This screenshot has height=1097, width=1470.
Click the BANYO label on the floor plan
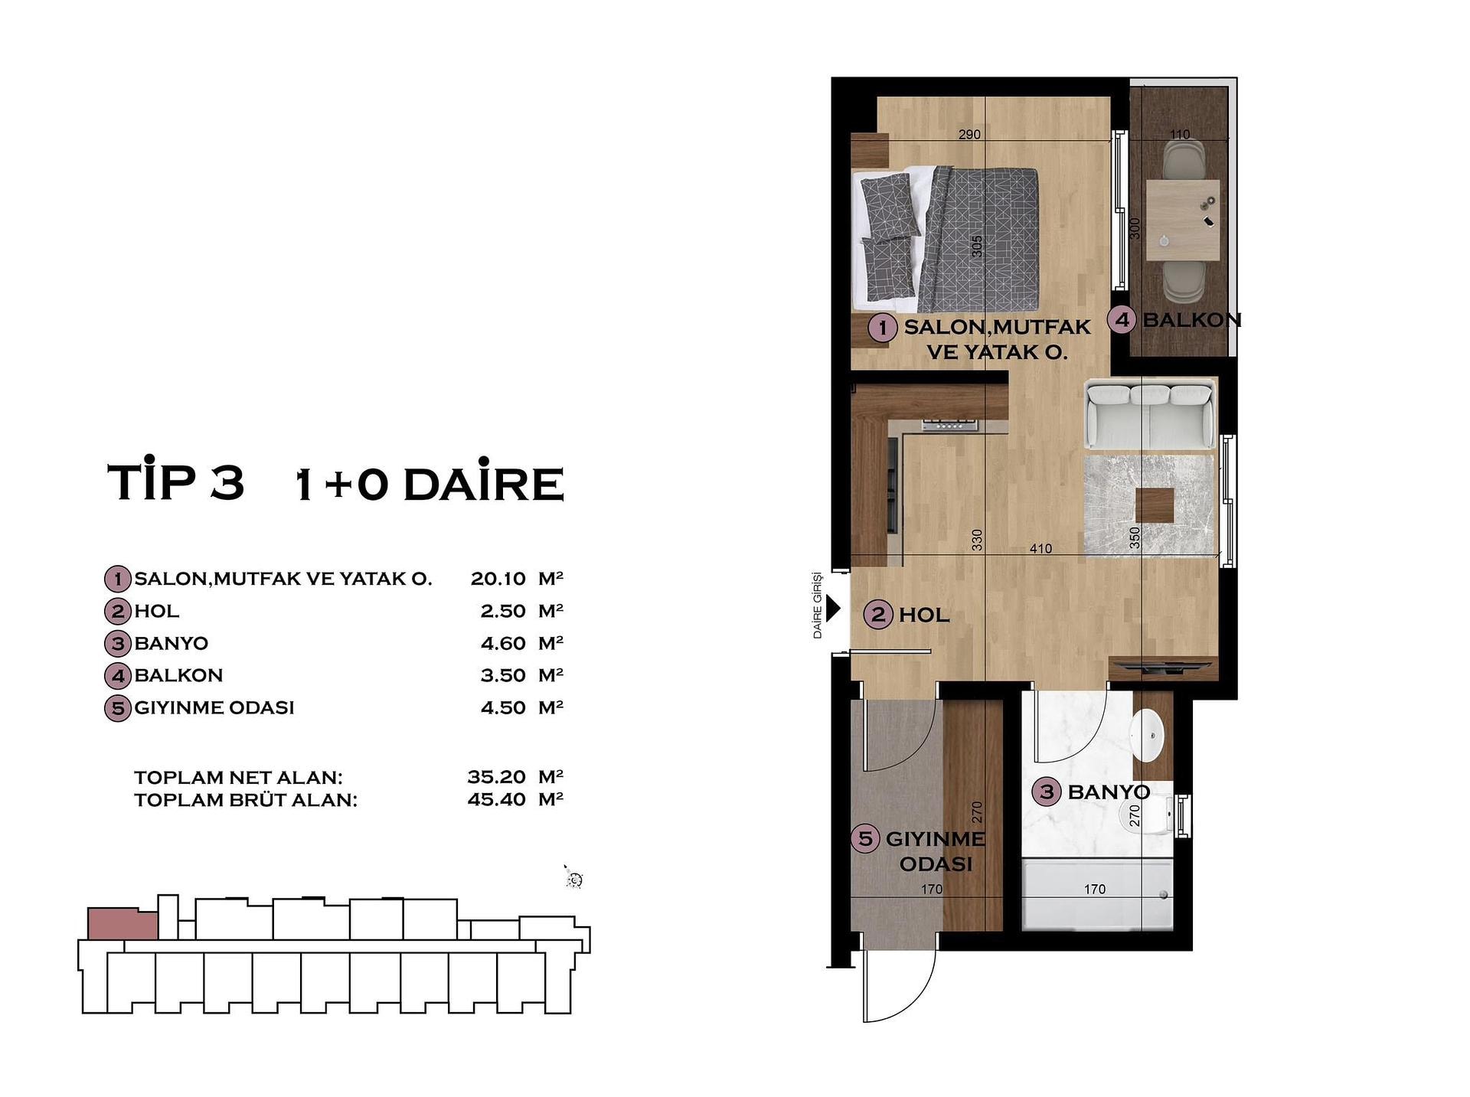[1109, 792]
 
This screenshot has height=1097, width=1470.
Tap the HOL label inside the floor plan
[924, 615]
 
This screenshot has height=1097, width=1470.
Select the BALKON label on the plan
[1191, 320]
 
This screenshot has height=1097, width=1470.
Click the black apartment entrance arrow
[833, 609]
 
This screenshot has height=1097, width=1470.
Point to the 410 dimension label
[1040, 548]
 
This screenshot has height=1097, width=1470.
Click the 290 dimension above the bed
[969, 134]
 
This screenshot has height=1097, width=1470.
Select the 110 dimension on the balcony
[1180, 134]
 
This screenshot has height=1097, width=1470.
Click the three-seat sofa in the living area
[1150, 416]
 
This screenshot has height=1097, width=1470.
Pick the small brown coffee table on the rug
[1155, 506]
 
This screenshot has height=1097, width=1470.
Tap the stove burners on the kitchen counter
[950, 424]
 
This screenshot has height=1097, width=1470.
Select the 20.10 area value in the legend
[498, 579]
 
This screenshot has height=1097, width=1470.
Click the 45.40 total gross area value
[497, 800]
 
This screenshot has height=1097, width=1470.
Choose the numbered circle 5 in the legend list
[117, 708]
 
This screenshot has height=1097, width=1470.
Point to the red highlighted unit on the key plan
[122, 924]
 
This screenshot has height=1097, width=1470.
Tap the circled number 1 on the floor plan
[882, 328]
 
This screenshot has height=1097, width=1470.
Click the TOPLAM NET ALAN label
[238, 778]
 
